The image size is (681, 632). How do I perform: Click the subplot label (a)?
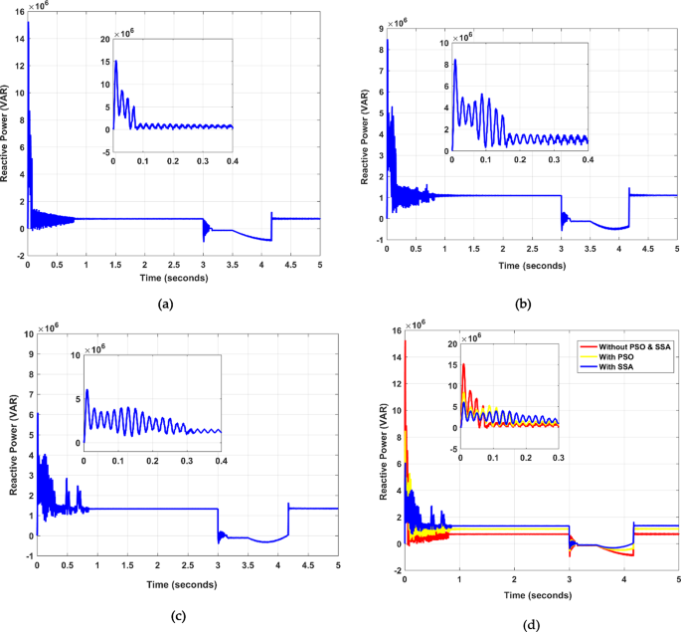pyautogui.click(x=166, y=303)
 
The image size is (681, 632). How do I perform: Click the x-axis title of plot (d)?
pyautogui.click(x=538, y=595)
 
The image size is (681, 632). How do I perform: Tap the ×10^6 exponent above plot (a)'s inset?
pyautogui.click(x=123, y=34)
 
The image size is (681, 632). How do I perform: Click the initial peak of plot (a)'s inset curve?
pyautogui.click(x=116, y=61)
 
